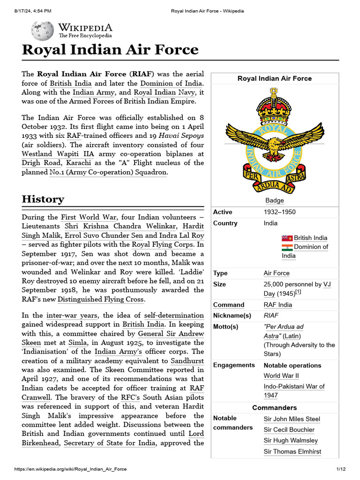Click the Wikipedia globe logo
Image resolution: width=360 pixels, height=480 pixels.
(x=42, y=30)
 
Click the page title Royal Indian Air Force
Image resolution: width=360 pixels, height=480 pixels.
(x=110, y=50)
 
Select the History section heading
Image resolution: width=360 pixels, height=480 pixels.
(x=43, y=199)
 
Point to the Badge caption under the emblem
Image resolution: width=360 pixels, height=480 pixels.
(x=275, y=200)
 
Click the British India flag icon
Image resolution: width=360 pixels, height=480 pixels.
(x=287, y=238)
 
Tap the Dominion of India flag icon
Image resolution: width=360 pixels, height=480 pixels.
(x=287, y=247)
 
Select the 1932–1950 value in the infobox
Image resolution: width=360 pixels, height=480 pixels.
(x=279, y=212)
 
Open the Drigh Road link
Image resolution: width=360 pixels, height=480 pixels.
(x=41, y=163)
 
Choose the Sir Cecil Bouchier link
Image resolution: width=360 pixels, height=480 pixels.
(x=289, y=430)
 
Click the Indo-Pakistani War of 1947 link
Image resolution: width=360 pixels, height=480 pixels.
(x=294, y=391)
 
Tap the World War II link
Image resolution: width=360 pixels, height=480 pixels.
(x=281, y=375)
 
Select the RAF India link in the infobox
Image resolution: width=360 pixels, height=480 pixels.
(x=277, y=305)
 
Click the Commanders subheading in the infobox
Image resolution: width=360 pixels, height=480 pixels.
(x=274, y=408)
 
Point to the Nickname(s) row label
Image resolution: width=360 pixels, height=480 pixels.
(x=232, y=315)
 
